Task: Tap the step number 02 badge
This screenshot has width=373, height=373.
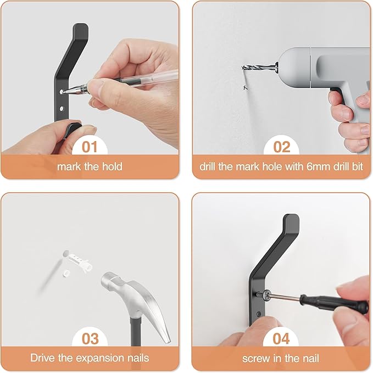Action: [x=281, y=147]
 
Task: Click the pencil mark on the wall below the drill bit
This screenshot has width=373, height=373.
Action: [x=243, y=87]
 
